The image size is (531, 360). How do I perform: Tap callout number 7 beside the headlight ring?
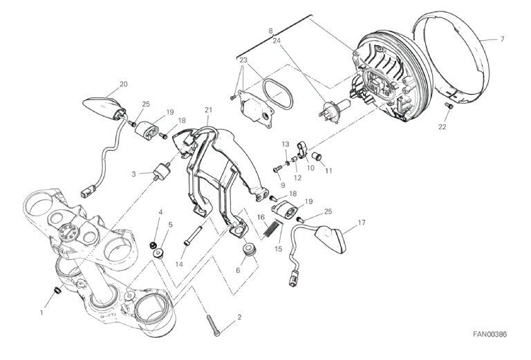(502, 39)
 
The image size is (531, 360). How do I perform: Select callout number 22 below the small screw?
(442, 127)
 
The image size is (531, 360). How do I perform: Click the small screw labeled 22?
(449, 106)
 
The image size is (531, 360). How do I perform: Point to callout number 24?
(277, 41)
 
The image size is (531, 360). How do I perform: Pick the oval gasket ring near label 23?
(278, 94)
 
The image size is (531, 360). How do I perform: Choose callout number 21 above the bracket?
(208, 110)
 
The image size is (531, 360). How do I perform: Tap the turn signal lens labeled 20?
(103, 108)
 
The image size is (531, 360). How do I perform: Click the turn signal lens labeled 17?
(331, 239)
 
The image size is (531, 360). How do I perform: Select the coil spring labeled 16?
(272, 229)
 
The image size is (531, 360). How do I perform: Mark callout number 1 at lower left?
(41, 313)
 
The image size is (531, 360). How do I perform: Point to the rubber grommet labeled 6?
(250, 252)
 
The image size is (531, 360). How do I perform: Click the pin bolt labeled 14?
(193, 235)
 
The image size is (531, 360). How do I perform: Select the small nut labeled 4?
(153, 245)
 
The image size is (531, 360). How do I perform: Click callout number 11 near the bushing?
(328, 171)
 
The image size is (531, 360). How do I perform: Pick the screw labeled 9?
(277, 167)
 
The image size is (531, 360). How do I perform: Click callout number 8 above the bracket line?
(270, 31)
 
